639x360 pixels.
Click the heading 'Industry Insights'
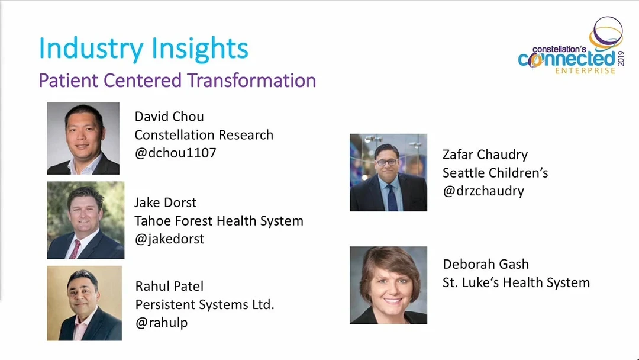click(143, 49)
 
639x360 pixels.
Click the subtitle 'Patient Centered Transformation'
click(177, 81)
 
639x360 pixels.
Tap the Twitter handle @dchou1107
click(175, 153)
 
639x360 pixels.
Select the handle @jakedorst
click(169, 239)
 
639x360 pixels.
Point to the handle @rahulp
click(162, 323)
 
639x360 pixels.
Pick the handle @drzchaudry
click(483, 191)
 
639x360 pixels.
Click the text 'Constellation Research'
click(204, 135)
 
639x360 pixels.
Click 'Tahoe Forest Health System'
click(219, 221)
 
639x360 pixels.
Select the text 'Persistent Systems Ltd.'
click(205, 304)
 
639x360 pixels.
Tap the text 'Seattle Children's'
click(495, 173)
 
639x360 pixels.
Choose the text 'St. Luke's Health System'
click(516, 282)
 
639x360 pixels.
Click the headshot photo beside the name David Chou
click(83, 139)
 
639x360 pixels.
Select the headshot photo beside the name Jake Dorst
click(86, 220)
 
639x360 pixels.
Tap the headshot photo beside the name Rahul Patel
click(85, 303)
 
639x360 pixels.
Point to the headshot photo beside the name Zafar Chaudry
click(388, 172)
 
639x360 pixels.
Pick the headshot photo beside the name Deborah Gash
click(388, 285)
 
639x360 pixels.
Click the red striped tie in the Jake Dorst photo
click(75, 249)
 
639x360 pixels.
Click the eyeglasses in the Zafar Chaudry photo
click(387, 162)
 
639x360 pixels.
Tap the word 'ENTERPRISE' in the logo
click(585, 71)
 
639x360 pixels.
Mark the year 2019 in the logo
click(621, 58)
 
